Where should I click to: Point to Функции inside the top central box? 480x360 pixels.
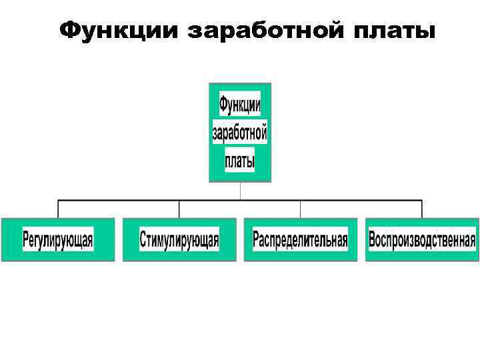[240, 105]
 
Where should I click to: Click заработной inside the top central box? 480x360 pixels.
[240, 133]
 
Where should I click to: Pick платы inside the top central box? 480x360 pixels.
[240, 161]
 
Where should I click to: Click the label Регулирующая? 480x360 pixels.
[58, 239]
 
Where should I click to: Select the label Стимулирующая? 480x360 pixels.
[179, 239]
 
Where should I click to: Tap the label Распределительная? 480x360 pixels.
[300, 239]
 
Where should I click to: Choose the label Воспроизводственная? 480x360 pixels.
[422, 239]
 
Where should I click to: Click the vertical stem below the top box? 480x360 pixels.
[240, 191]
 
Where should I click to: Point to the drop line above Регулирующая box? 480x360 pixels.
[58, 209]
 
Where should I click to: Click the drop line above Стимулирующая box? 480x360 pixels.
[179, 209]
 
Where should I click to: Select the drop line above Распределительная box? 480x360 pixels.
[301, 209]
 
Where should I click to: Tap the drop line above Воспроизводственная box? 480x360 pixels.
[422, 209]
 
